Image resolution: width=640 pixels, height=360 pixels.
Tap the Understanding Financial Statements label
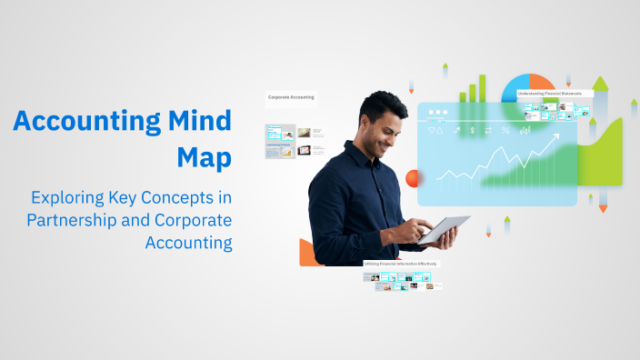click(555, 93)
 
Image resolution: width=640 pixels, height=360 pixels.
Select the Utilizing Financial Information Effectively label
click(401, 264)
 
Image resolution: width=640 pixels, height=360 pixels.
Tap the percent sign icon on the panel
click(505, 131)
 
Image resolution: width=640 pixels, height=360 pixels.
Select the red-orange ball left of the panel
click(412, 178)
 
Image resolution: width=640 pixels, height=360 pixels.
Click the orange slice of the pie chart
click(539, 83)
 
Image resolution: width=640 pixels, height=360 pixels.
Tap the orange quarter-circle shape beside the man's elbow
click(309, 253)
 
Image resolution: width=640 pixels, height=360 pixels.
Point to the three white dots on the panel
click(437, 114)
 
